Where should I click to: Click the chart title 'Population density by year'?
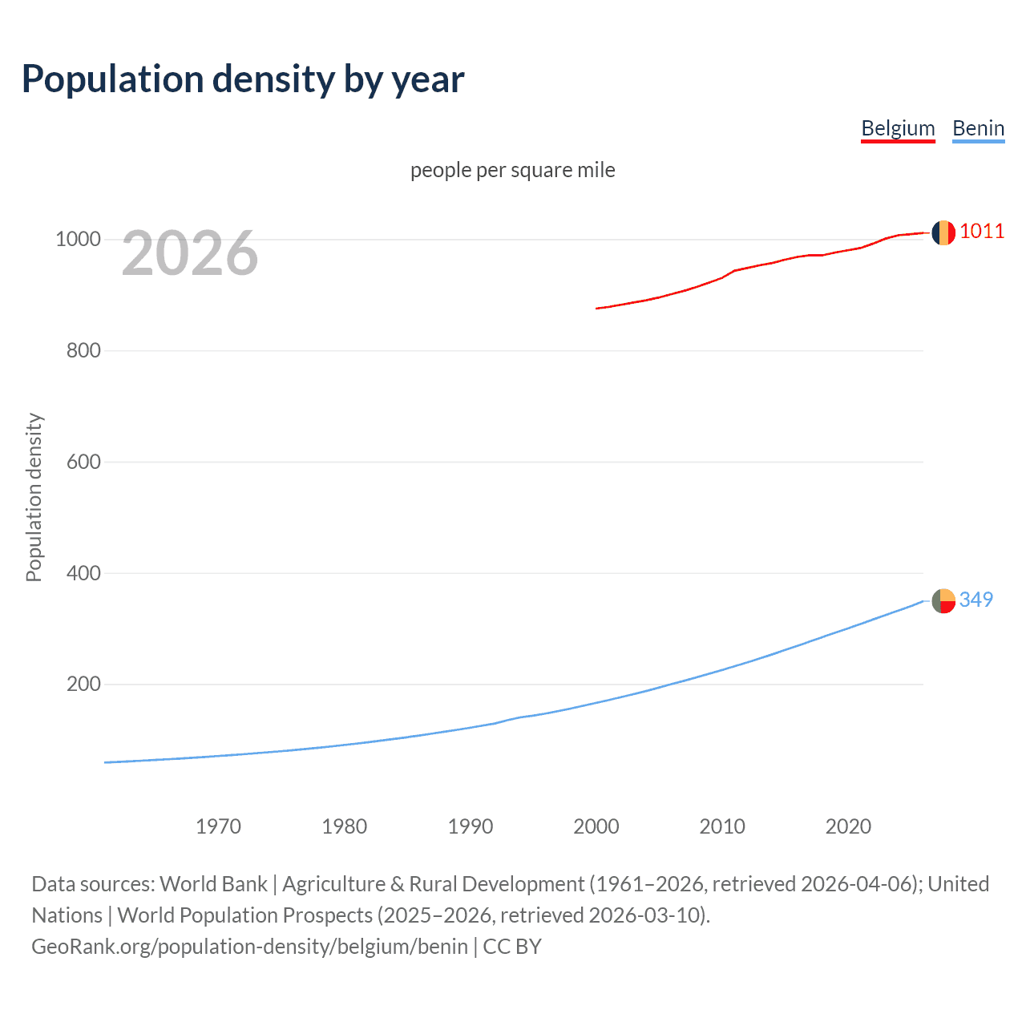[243, 79]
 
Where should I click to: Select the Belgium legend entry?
[898, 128]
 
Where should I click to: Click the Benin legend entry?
[978, 128]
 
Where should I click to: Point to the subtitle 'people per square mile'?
[512, 170]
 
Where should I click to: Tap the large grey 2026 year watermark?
[190, 253]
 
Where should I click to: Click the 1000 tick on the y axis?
[78, 240]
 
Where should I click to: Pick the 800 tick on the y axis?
[83, 351]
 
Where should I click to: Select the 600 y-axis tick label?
[83, 463]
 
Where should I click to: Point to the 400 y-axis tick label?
[83, 573]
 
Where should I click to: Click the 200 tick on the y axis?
[83, 685]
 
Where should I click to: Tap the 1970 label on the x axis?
[218, 826]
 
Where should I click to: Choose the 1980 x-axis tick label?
[344, 826]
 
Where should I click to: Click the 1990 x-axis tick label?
[471, 826]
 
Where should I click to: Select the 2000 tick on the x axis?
[596, 826]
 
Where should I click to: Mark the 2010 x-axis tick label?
[722, 826]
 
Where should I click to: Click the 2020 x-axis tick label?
[848, 826]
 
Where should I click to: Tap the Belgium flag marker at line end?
[943, 232]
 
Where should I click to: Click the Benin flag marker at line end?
[943, 600]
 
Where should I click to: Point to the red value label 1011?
[982, 232]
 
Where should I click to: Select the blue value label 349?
[976, 600]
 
